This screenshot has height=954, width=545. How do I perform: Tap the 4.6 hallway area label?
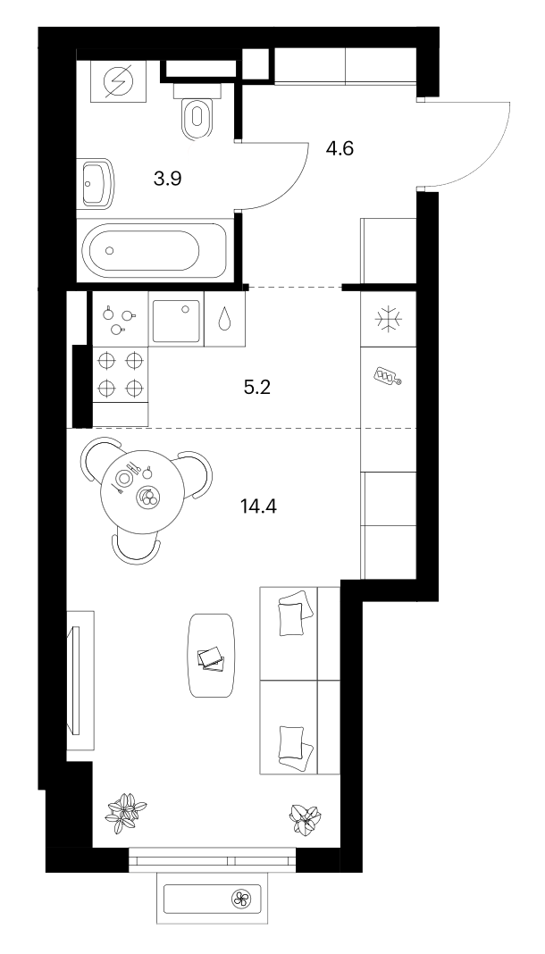340,148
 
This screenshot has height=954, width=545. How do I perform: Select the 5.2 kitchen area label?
256,387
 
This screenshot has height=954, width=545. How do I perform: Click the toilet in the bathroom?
196,110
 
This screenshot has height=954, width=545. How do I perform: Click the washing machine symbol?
118,81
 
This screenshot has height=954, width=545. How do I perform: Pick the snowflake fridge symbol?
388,320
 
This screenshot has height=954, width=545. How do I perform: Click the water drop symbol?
224,320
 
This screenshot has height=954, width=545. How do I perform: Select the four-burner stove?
120,374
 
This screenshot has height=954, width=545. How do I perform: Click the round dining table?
142,492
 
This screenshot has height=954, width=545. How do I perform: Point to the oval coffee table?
212,655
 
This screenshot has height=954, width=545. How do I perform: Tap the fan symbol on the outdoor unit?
240,898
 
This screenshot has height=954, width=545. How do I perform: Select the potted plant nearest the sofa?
305,817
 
